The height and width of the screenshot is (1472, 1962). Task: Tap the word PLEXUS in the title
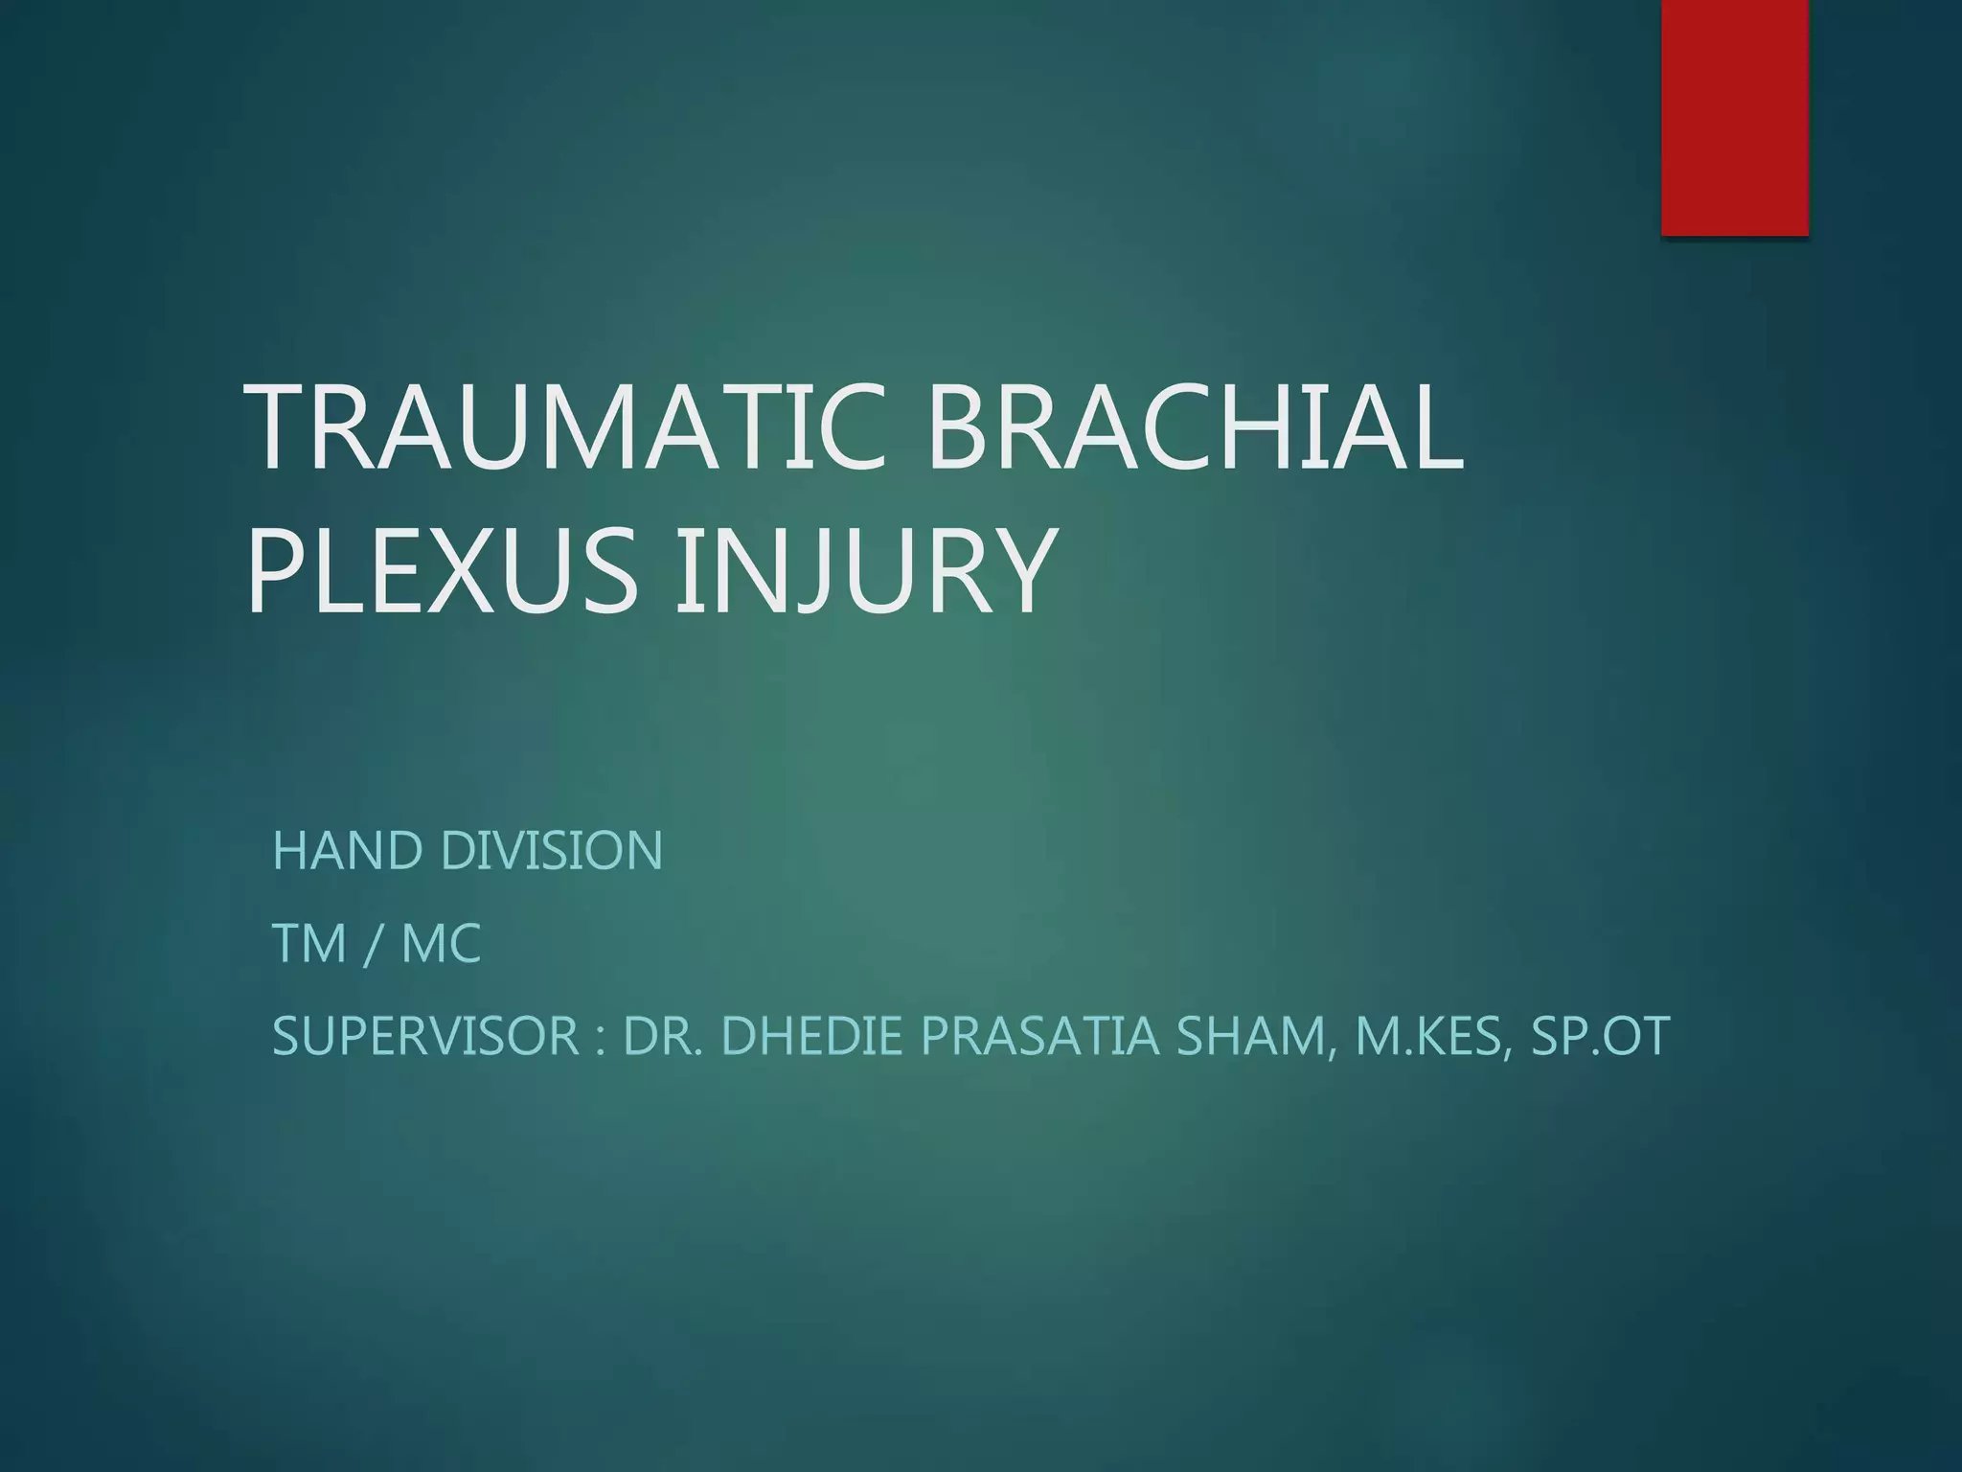pyautogui.click(x=442, y=571)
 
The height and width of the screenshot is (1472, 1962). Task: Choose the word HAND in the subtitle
pyautogui.click(x=347, y=851)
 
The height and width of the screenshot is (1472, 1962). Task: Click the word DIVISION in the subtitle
pyautogui.click(x=551, y=851)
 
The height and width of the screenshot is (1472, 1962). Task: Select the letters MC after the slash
pyautogui.click(x=441, y=944)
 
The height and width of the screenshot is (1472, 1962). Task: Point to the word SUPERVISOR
pyautogui.click(x=425, y=1037)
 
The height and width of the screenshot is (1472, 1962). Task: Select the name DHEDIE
pyautogui.click(x=810, y=1037)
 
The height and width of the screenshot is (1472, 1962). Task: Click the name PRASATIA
pyautogui.click(x=1038, y=1037)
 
